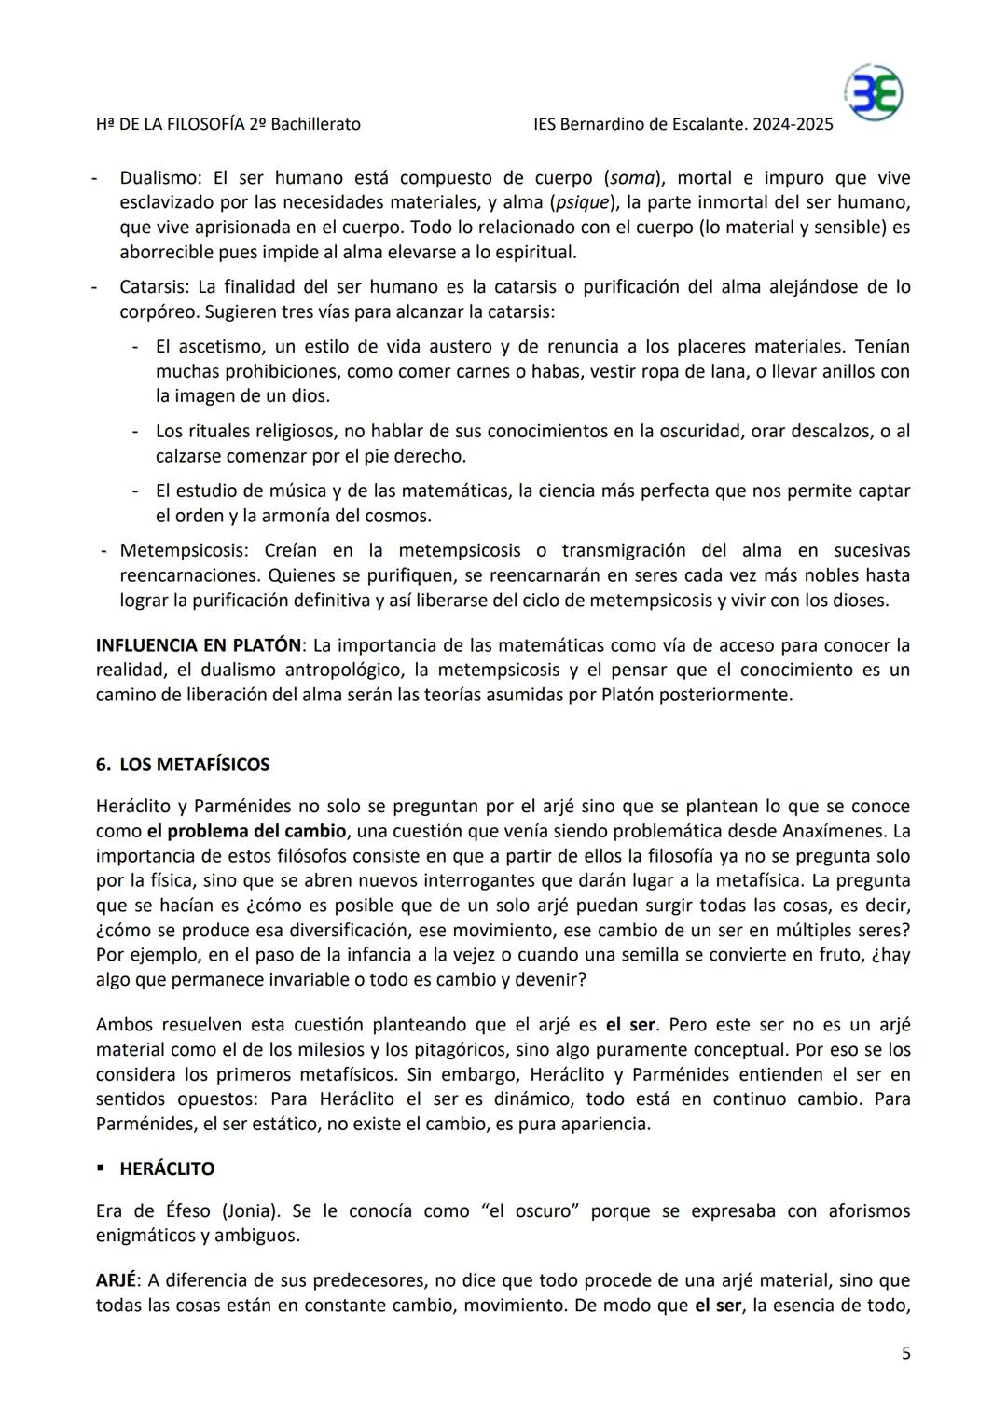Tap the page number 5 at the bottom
click(x=905, y=1353)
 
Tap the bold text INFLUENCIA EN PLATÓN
click(x=199, y=645)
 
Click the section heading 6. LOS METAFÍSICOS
click(x=183, y=765)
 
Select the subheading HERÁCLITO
click(x=167, y=1169)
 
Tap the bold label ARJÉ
click(x=116, y=1280)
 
